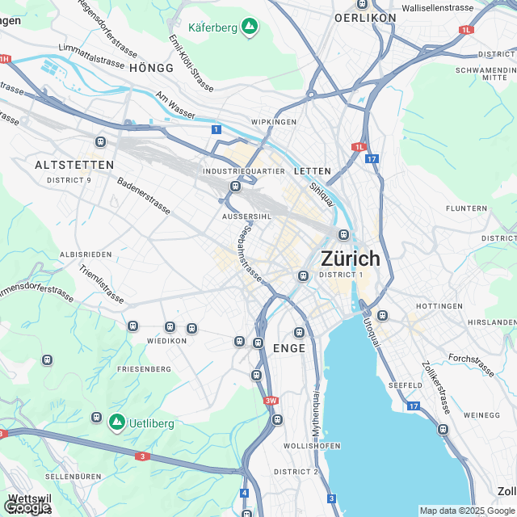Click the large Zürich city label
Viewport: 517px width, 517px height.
pyautogui.click(x=350, y=259)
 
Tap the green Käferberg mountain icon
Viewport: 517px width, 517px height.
pyautogui.click(x=250, y=27)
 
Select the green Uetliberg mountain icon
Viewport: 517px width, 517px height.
pyautogui.click(x=116, y=422)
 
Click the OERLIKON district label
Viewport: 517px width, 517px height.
pyautogui.click(x=365, y=17)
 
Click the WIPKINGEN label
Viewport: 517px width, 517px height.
pyautogui.click(x=275, y=121)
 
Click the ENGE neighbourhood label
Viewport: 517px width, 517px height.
pyautogui.click(x=289, y=348)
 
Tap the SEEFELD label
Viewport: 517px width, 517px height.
pyautogui.click(x=405, y=385)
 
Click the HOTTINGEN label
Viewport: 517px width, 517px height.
pyautogui.click(x=439, y=306)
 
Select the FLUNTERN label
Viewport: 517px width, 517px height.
pyautogui.click(x=467, y=208)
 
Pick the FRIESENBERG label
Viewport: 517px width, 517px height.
pyautogui.click(x=144, y=368)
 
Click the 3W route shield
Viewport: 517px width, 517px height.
pyautogui.click(x=271, y=400)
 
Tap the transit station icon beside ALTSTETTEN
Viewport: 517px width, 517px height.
pyautogui.click(x=100, y=142)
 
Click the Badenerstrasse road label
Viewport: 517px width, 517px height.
pyautogui.click(x=144, y=196)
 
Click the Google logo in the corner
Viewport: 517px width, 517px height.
pyautogui.click(x=26, y=507)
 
